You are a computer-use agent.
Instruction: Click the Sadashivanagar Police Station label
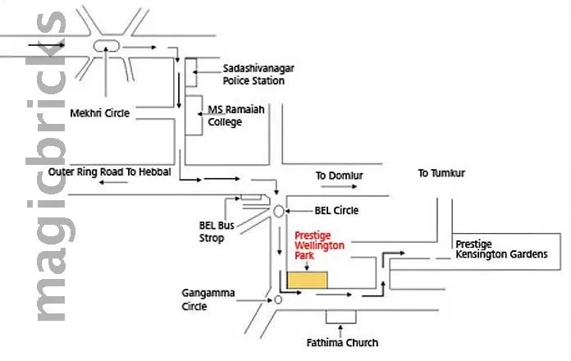pyautogui.click(x=254, y=75)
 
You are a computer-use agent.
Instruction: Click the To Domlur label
pyautogui.click(x=339, y=176)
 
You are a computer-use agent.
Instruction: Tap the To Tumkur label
pyautogui.click(x=441, y=173)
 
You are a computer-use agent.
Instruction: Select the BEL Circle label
pyautogui.click(x=336, y=211)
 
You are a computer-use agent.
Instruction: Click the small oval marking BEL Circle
pyautogui.click(x=279, y=211)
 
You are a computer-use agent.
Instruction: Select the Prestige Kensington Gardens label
pyautogui.click(x=500, y=249)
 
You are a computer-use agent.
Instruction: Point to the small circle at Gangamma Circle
pyautogui.click(x=278, y=300)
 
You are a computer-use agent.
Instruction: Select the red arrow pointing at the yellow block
pyautogui.click(x=305, y=264)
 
